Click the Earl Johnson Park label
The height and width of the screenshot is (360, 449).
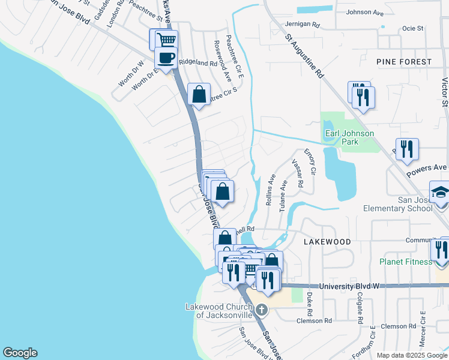[x=349, y=137]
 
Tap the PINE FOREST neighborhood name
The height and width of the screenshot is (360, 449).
[x=404, y=62]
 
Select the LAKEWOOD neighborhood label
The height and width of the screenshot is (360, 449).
[x=327, y=241]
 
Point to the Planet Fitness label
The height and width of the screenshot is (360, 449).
[x=405, y=262]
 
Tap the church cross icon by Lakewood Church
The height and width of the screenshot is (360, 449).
[x=261, y=310]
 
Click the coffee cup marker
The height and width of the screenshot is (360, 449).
[x=166, y=58]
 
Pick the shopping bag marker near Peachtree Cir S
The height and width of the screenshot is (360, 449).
[x=199, y=94]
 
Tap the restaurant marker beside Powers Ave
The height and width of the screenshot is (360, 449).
[x=407, y=149]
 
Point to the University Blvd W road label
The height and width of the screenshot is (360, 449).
[x=349, y=286]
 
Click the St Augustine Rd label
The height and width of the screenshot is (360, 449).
[x=305, y=58]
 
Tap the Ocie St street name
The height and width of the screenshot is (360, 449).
[x=413, y=28]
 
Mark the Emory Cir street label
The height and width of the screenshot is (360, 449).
[x=309, y=162]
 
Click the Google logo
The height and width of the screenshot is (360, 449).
[x=20, y=353]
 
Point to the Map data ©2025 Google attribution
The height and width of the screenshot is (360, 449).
[x=411, y=355]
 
